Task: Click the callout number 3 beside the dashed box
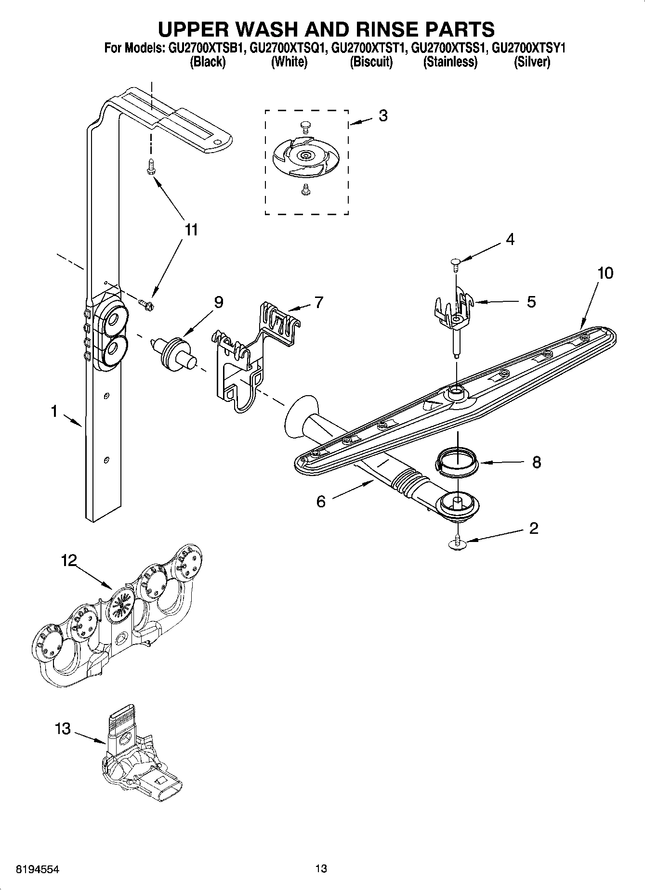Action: pos(383,116)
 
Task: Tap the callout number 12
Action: pos(69,560)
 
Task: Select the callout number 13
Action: pos(63,729)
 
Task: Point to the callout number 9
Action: pos(218,302)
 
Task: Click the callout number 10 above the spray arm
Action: pos(605,273)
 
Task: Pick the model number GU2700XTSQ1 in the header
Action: pos(287,49)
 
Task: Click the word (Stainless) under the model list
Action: pos(450,62)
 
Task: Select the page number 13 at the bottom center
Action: pos(321,868)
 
